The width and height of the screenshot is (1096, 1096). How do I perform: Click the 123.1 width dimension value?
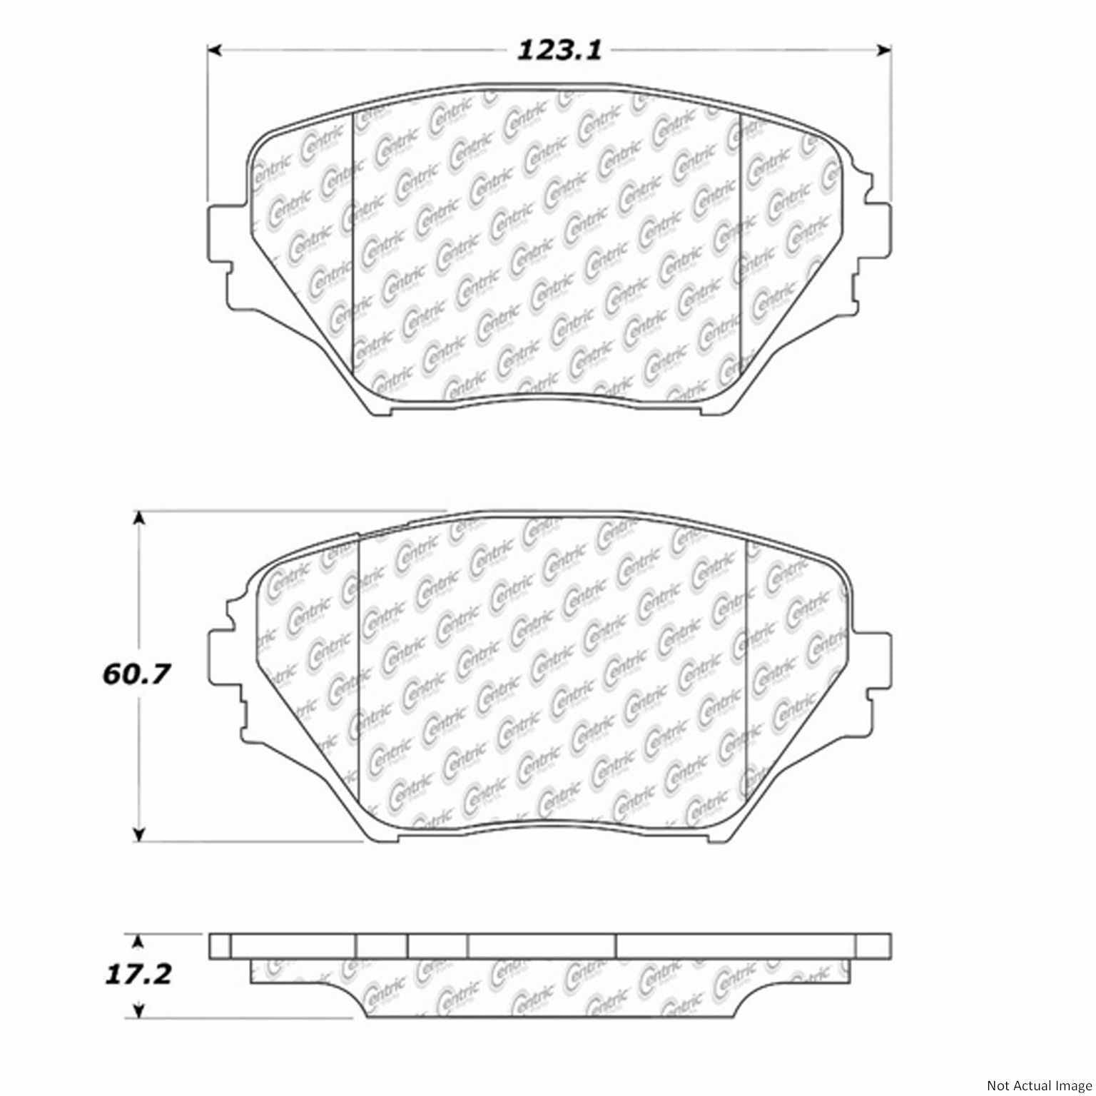[559, 51]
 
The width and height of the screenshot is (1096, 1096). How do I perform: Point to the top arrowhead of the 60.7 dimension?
[140, 519]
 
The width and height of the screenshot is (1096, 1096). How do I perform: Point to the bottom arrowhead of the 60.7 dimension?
[140, 833]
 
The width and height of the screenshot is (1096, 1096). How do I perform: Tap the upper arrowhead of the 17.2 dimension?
[140, 942]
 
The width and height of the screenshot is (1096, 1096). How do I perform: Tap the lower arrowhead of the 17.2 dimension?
[140, 1008]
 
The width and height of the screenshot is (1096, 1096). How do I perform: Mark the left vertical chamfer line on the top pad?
[354, 243]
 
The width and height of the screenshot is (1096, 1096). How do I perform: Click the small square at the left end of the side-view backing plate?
[220, 946]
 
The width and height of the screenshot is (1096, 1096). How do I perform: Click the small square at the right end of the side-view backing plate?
[873, 946]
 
